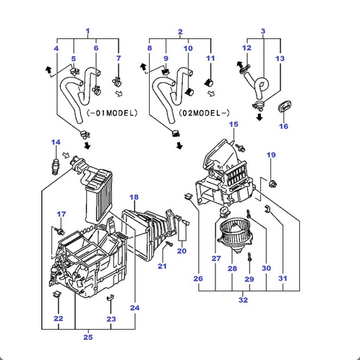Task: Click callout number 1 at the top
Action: (87, 31)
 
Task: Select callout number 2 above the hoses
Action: (180, 32)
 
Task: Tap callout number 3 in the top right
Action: (263, 31)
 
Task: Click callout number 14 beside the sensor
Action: (56, 142)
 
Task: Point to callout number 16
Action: (283, 126)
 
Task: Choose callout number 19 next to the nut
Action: (271, 155)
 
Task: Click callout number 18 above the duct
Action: (134, 197)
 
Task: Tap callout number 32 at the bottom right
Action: (242, 299)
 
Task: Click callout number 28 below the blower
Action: (232, 268)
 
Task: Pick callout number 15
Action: (233, 125)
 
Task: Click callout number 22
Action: (58, 318)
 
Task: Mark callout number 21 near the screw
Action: (163, 267)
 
